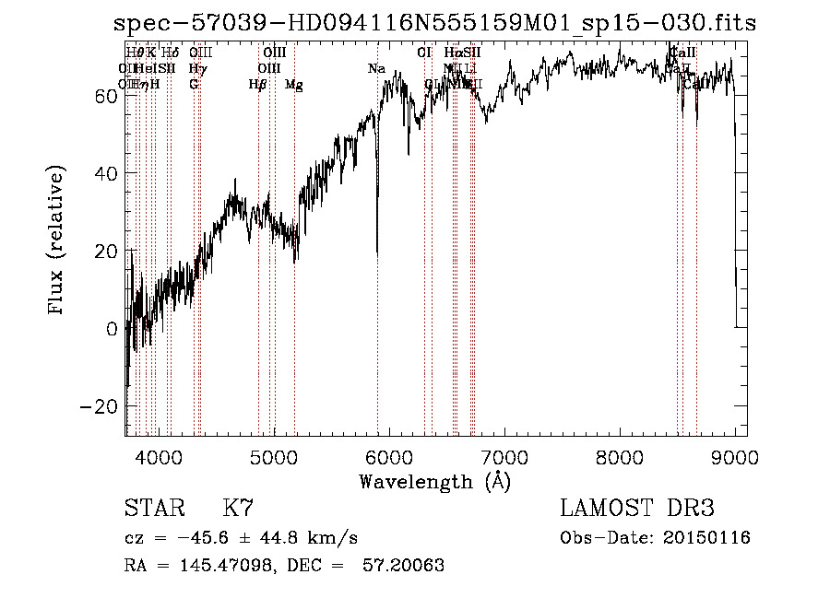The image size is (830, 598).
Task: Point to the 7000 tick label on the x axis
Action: pyautogui.click(x=504, y=457)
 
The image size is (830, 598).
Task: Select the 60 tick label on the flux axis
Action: pyautogui.click(x=104, y=96)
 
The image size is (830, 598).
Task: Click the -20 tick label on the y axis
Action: pyautogui.click(x=98, y=405)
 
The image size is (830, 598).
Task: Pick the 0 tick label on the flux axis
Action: pyautogui.click(x=111, y=328)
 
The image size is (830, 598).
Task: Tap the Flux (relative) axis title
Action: pyautogui.click(x=57, y=241)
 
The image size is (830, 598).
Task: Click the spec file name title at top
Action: pyautogui.click(x=433, y=23)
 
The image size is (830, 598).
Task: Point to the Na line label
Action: pyautogui.click(x=376, y=69)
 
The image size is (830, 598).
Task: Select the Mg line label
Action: pyautogui.click(x=293, y=85)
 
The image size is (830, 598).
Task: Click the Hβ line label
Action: pyautogui.click(x=258, y=85)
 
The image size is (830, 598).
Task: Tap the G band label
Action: pyautogui.click(x=194, y=85)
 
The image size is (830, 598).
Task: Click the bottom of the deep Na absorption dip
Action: pyautogui.click(x=376, y=252)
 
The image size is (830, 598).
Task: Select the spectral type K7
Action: pyautogui.click(x=238, y=509)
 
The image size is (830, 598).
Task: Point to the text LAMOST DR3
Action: pyautogui.click(x=637, y=509)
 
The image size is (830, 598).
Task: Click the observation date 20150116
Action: pyautogui.click(x=704, y=538)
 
